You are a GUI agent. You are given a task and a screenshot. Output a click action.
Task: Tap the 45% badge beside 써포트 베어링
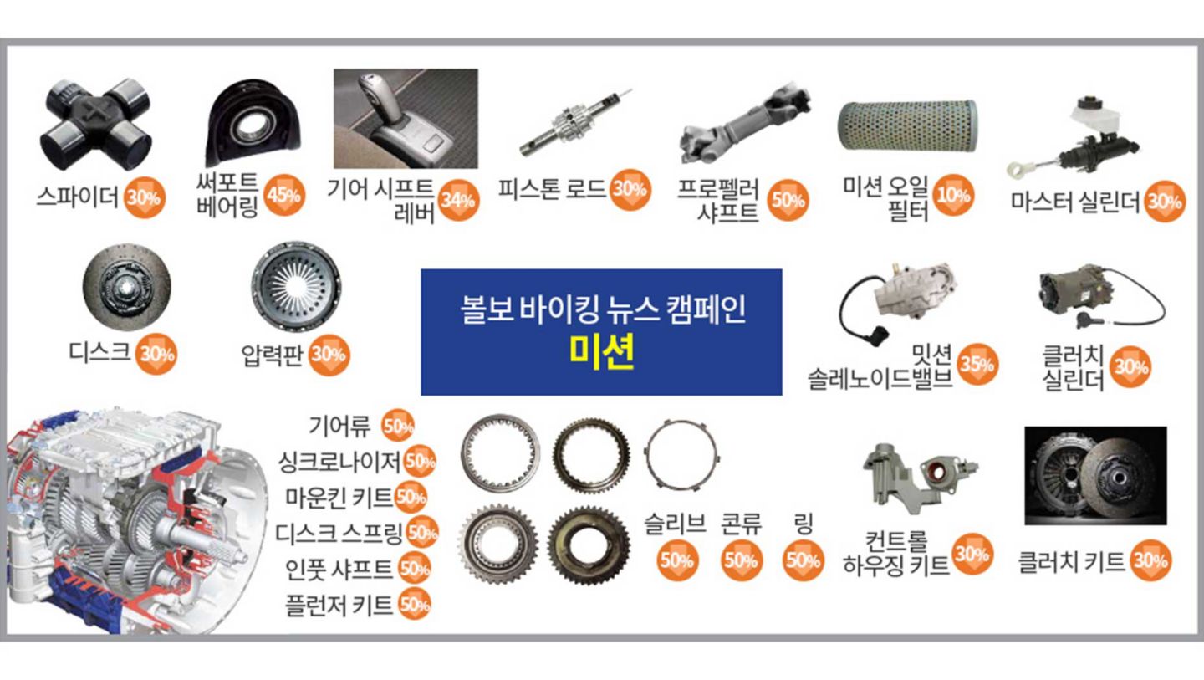[284, 195]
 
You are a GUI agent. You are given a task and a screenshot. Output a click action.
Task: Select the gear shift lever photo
[406, 118]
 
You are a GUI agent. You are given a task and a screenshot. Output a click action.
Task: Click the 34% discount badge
[458, 200]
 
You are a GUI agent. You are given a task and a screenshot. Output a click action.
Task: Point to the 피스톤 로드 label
[552, 189]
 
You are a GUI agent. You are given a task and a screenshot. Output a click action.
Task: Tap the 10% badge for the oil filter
[953, 195]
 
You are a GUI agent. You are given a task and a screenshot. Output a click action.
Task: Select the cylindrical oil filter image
[908, 125]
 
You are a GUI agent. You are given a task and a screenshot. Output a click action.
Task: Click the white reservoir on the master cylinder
[1095, 117]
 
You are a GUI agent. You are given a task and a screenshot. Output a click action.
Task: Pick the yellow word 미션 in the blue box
[601, 351]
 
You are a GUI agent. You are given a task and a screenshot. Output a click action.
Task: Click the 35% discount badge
[977, 364]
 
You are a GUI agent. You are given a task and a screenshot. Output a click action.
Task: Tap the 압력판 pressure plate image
[296, 285]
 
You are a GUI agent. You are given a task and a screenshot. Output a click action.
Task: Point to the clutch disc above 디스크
[127, 287]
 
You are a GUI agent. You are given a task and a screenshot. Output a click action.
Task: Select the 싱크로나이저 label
[339, 462]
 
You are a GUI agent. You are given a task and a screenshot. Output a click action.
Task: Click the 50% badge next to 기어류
[398, 426]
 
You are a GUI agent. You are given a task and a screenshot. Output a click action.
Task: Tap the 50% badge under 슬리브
[676, 560]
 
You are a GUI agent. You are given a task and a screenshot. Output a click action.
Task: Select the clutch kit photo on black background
[1095, 475]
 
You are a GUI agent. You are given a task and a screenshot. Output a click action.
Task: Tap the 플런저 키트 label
[339, 606]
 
